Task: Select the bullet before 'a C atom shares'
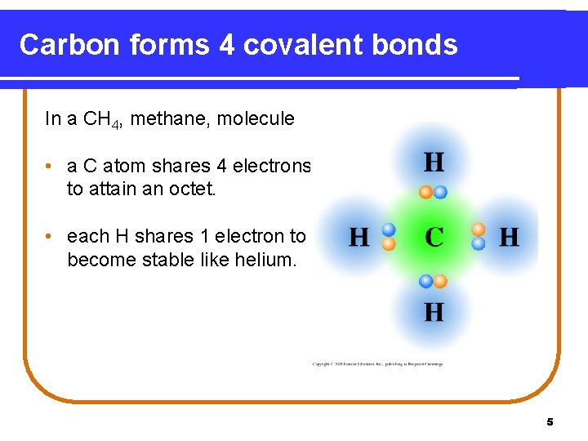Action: point(51,167)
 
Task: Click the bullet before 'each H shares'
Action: point(51,237)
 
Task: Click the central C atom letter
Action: point(434,238)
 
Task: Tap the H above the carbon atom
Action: point(434,162)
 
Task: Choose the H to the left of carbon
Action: point(359,238)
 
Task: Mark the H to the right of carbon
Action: point(508,238)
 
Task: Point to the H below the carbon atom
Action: point(434,311)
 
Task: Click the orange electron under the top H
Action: point(426,193)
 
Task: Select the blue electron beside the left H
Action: point(389,230)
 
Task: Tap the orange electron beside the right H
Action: point(479,230)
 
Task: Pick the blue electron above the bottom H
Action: point(425,281)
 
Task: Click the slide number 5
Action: point(550,422)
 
